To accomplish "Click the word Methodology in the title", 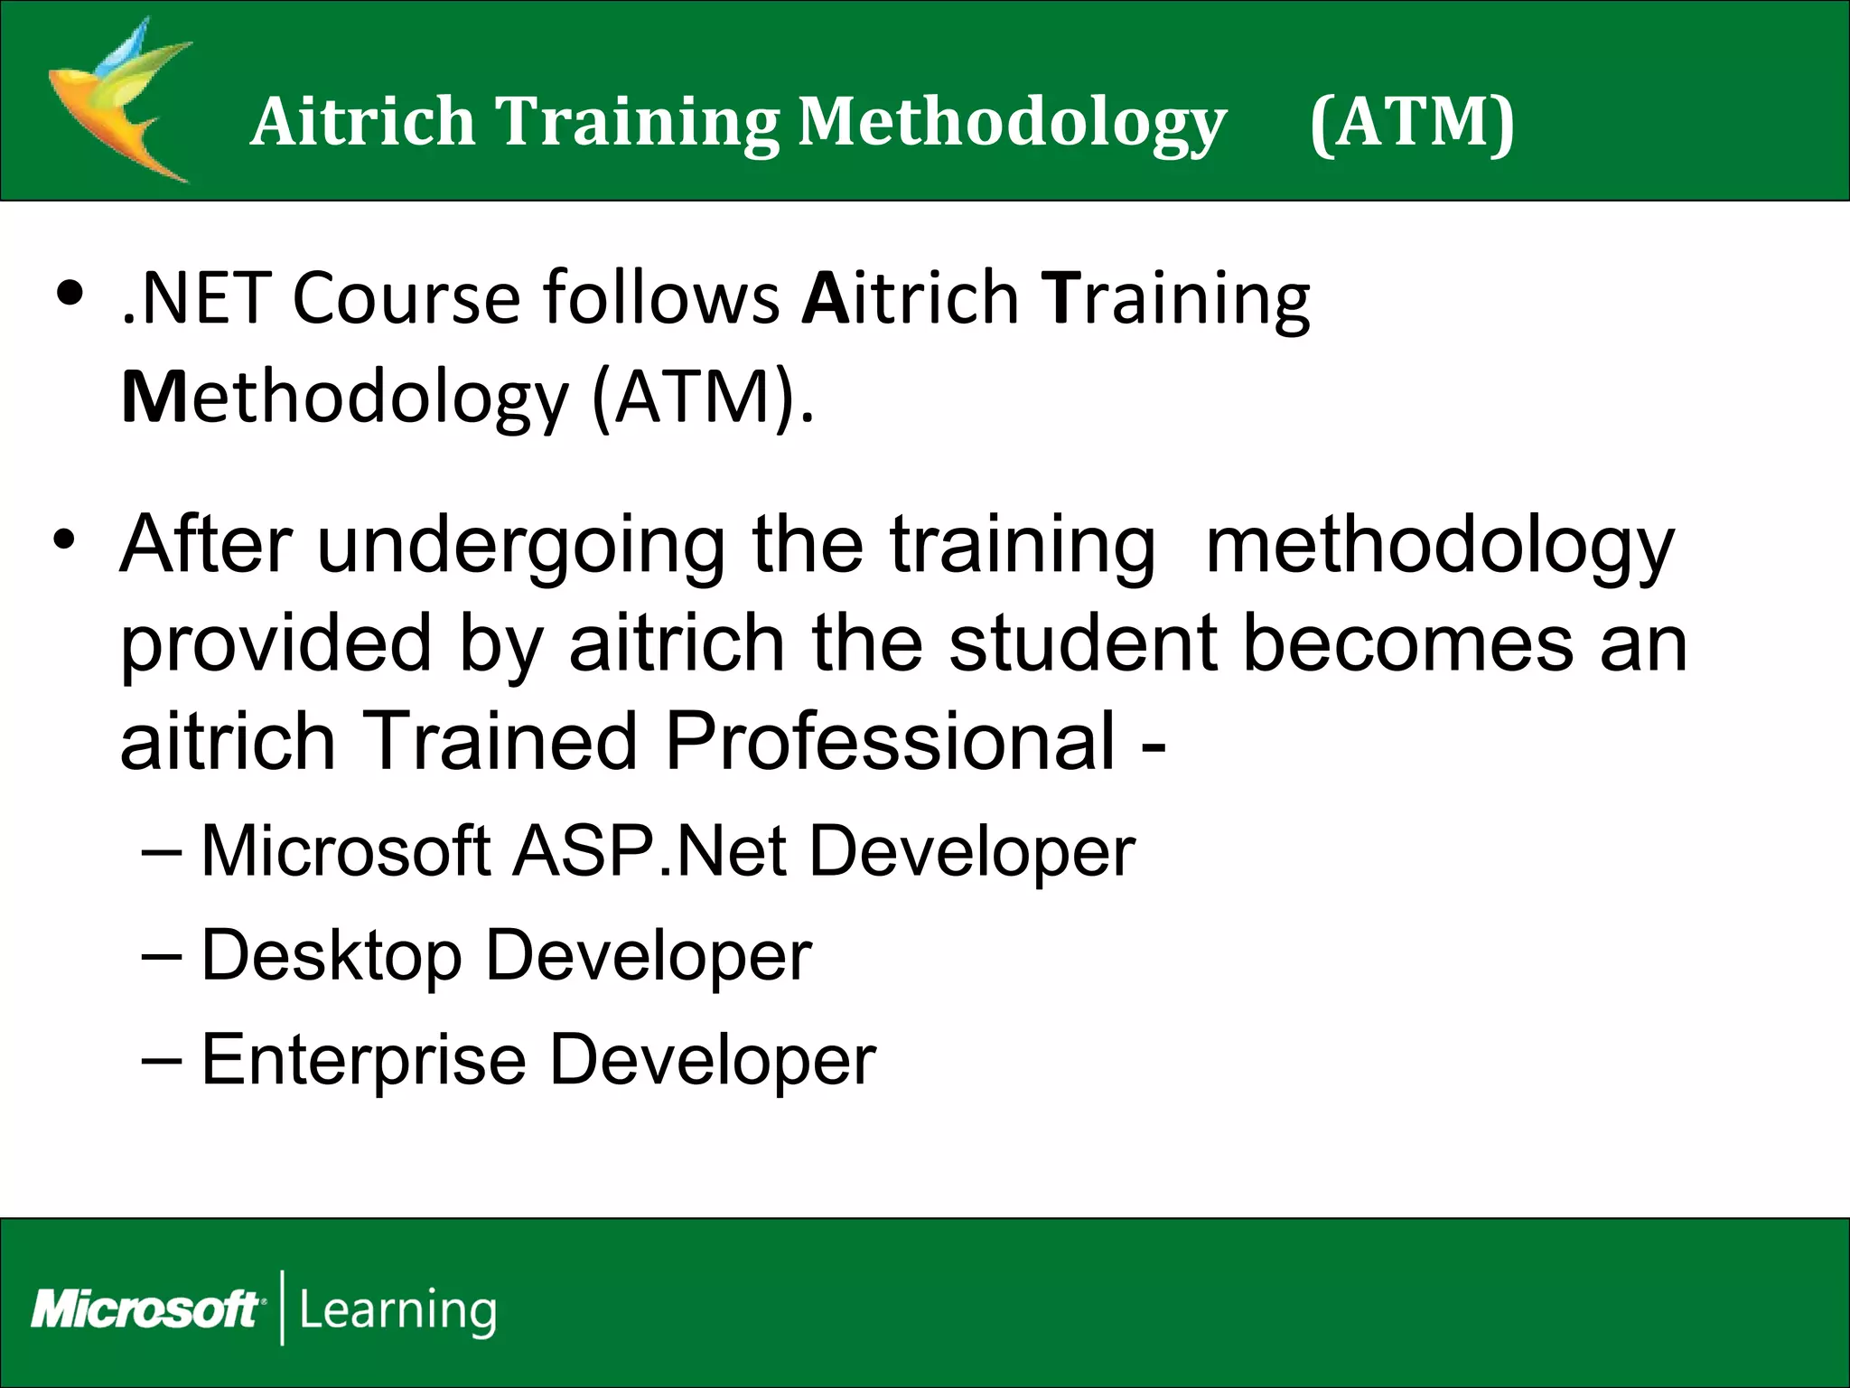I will (x=1012, y=122).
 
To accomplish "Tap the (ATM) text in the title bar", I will (x=1412, y=122).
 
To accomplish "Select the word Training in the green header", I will (x=638, y=122).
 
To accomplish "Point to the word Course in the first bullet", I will (x=406, y=298).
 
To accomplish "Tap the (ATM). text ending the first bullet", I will (x=703, y=398).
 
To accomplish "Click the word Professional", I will (x=890, y=741).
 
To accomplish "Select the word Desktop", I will (x=331, y=956).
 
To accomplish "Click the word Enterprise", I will (x=363, y=1060).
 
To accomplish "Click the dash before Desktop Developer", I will (x=162, y=956).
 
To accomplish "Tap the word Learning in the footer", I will (x=397, y=1310).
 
